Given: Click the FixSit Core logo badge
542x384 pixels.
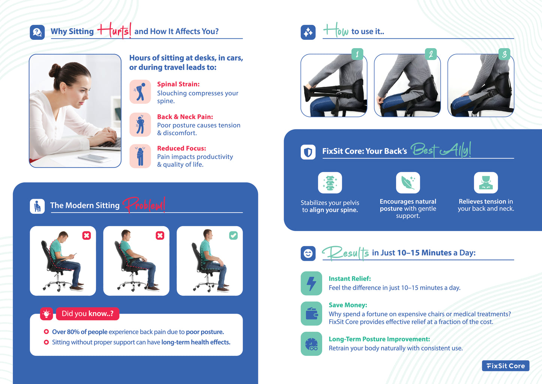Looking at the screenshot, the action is click(506, 366).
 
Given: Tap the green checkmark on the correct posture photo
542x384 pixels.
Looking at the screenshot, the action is click(233, 235).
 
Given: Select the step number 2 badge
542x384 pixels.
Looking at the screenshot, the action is click(431, 54).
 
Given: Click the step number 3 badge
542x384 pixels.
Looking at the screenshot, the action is click(504, 54).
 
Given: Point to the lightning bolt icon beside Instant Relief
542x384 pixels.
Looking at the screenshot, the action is click(311, 283).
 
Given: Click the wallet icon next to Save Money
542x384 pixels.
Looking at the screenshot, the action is click(311, 313).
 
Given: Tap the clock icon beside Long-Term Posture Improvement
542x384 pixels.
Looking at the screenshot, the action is click(311, 344).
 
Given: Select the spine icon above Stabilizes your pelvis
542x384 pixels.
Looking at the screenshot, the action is click(330, 183).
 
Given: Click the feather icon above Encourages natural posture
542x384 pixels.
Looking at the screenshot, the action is click(408, 183).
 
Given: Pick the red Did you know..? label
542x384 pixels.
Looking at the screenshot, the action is click(88, 314).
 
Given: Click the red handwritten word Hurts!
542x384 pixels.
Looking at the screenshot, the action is click(114, 31).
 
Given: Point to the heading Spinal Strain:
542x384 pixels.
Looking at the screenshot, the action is click(178, 84).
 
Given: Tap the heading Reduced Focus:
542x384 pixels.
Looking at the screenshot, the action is click(182, 148).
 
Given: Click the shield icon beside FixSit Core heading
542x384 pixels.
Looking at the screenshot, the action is click(308, 152).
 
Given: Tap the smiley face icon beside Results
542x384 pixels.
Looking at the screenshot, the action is click(308, 254).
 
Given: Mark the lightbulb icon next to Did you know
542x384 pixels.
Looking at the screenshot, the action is click(47, 314).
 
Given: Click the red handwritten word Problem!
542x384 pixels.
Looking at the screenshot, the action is click(144, 205).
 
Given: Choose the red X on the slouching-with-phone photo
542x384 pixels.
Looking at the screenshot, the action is click(86, 235).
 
